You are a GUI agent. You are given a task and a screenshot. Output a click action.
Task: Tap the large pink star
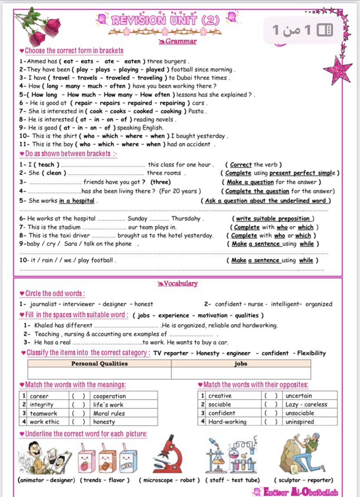click(x=337, y=70)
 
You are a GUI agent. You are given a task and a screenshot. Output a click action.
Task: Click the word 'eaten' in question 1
click(x=129, y=61)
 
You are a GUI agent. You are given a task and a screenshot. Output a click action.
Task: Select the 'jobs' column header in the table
click(x=240, y=364)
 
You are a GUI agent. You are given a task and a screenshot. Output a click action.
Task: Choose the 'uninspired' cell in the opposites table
click(x=300, y=421)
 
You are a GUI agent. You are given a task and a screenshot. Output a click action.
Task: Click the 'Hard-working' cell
click(x=227, y=421)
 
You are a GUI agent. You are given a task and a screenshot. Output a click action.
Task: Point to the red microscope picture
click(x=170, y=454)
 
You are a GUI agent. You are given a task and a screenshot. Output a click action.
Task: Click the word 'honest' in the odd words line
click(x=143, y=304)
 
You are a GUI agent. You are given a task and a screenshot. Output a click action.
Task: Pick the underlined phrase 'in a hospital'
click(x=77, y=201)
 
